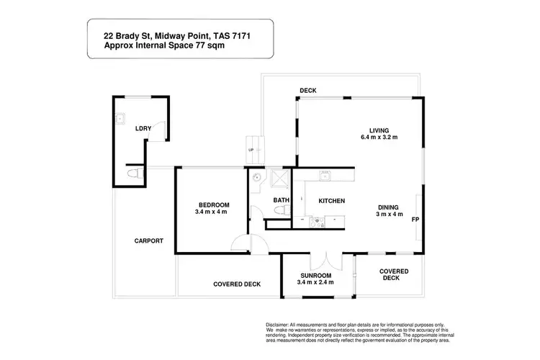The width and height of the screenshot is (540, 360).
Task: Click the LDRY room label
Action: click(143, 129)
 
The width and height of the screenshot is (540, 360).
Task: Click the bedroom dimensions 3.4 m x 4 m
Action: click(212, 212)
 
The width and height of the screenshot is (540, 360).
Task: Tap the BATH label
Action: click(281, 200)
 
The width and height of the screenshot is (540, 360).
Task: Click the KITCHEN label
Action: click(332, 200)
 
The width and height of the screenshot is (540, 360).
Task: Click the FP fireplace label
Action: click(415, 219)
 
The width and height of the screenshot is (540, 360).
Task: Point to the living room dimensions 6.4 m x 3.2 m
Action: click(379, 137)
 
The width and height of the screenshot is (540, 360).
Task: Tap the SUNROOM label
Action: click(315, 275)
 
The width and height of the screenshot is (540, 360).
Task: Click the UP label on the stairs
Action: click(251, 150)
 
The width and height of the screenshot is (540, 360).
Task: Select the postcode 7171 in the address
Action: click(235, 32)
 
